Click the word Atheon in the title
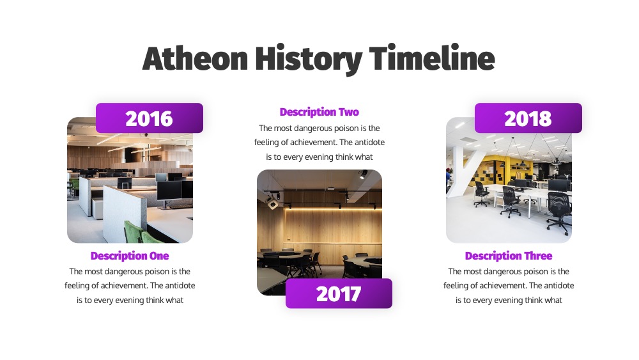195,58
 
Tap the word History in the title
309,59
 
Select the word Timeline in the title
432,58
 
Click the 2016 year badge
149,118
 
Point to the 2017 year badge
339,293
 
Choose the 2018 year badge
528,118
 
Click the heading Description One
130,256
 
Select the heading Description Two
319,112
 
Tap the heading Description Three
509,256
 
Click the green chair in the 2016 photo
137,232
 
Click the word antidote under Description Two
369,143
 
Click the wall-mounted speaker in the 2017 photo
273,202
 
